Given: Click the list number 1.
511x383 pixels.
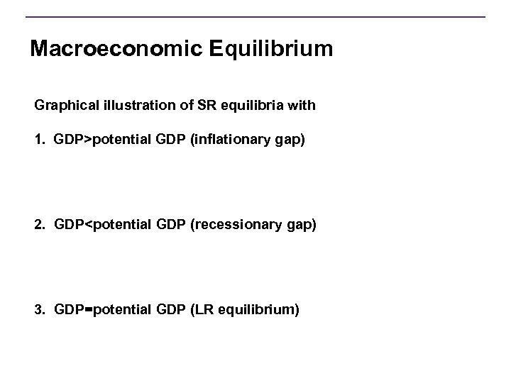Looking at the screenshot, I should click(38, 140).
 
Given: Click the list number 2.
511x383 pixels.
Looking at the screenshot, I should click(38, 225).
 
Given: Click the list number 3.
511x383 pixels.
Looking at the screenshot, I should click(38, 310).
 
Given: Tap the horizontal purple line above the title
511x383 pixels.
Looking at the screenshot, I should click(255, 17).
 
